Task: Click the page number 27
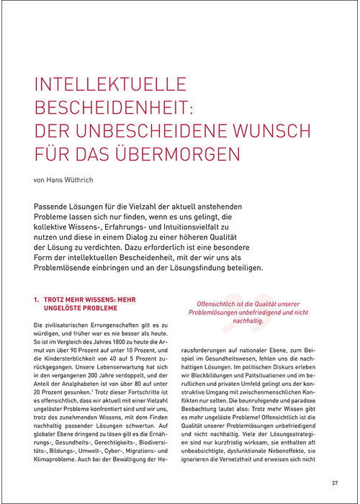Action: pos(335,482)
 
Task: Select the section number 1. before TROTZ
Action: pos(37,298)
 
